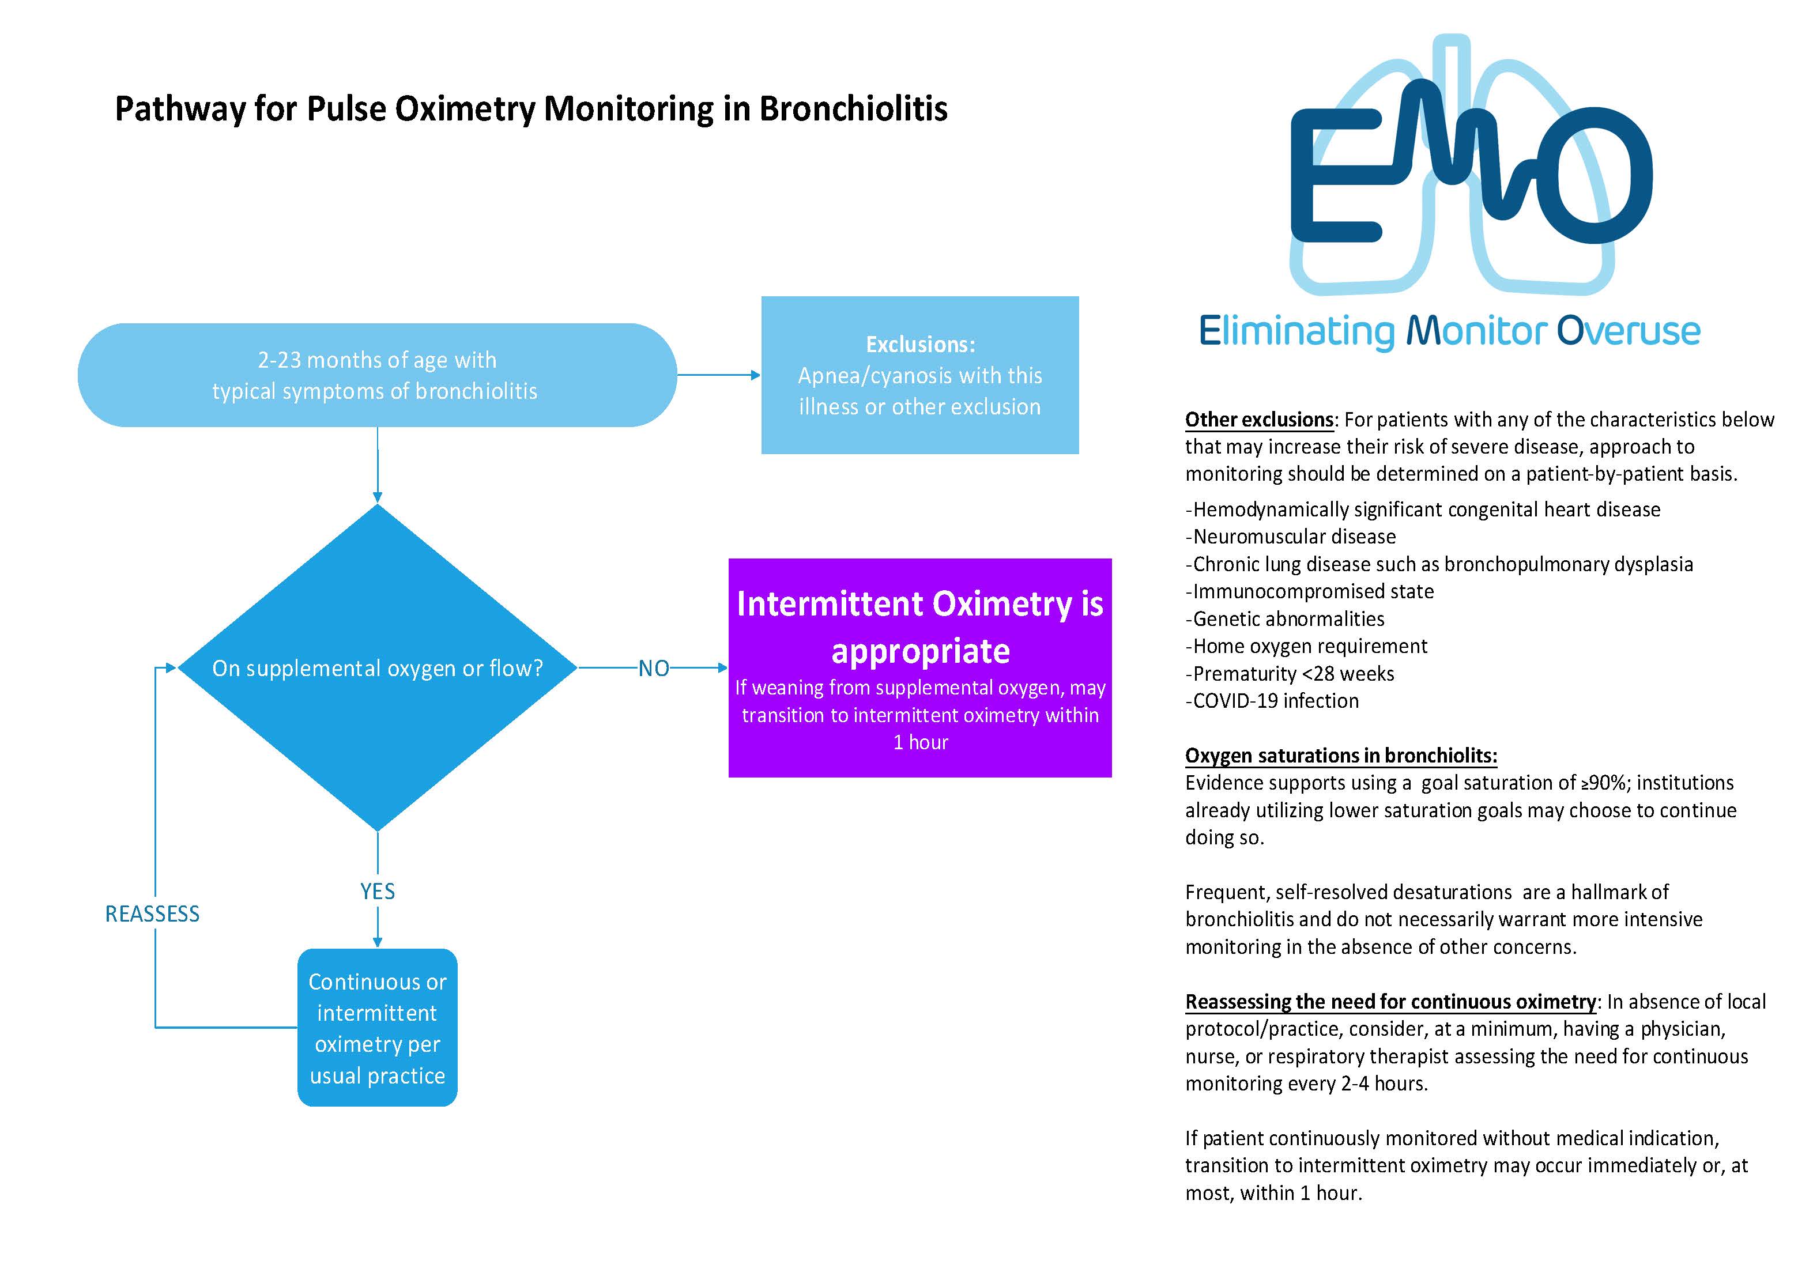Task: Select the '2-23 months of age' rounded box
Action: click(376, 375)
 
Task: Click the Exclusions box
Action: click(919, 375)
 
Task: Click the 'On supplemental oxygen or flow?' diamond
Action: click(377, 668)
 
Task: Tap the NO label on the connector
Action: click(654, 669)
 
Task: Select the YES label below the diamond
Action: click(377, 892)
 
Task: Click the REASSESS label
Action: click(152, 914)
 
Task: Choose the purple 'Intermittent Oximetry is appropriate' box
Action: click(919, 667)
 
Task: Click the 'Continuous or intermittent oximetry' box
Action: click(377, 1028)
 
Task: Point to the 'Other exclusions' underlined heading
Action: click(1259, 419)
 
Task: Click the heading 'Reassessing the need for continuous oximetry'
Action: click(1390, 1002)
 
